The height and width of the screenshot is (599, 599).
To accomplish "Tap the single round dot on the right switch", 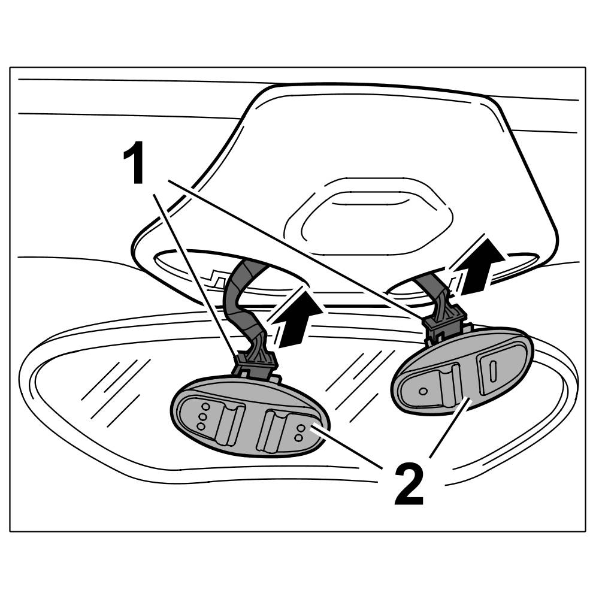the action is [423, 391].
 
